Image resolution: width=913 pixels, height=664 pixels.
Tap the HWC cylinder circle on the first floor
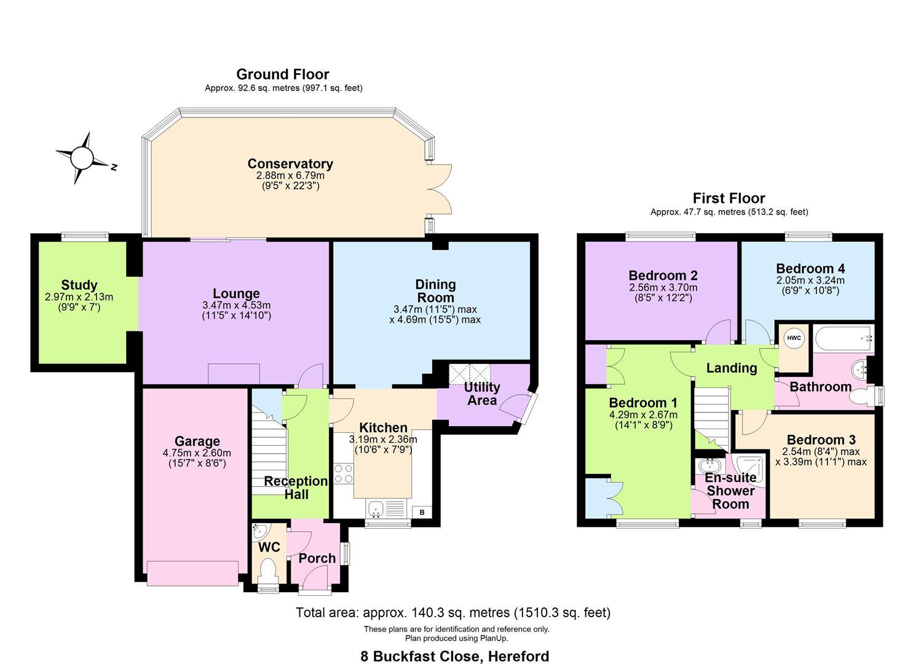pos(794,338)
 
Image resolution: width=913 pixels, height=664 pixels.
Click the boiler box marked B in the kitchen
pos(422,512)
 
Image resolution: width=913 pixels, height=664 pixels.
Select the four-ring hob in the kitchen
pos(343,473)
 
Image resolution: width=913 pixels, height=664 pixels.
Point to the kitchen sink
pos(376,508)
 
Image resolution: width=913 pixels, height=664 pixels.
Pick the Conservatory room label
pos(290,164)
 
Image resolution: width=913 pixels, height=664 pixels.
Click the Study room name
pos(79,285)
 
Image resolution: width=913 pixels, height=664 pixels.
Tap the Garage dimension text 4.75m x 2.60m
pos(197,453)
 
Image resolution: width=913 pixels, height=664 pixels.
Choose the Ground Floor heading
pos(283,74)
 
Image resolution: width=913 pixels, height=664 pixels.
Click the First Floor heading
pos(729,198)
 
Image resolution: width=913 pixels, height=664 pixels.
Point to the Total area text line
pos(453,612)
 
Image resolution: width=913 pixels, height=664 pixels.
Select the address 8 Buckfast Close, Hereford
pos(454,656)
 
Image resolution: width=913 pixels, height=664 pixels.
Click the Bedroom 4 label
pos(810,268)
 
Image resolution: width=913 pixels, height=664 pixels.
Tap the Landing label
pos(731,368)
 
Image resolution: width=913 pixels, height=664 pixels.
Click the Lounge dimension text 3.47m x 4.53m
pos(236,305)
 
